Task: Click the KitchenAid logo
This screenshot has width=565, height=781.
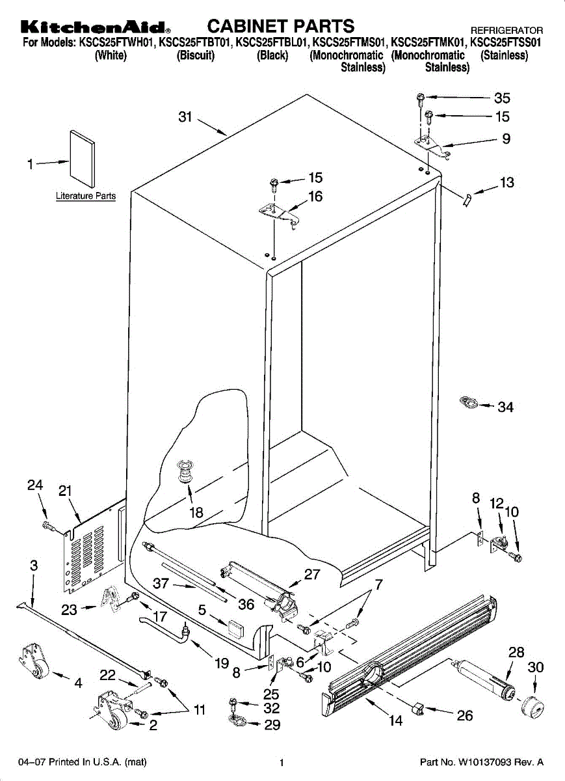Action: pos(95,27)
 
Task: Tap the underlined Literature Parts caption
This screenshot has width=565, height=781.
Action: pos(86,196)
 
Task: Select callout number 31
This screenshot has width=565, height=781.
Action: pos(186,117)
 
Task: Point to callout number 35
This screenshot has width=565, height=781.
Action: pos(502,98)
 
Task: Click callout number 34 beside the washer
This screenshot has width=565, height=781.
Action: pos(505,407)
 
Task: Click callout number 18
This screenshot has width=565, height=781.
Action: pos(196,512)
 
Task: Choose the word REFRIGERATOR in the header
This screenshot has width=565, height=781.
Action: pos(506,31)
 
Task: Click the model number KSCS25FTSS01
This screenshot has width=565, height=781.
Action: pos(505,43)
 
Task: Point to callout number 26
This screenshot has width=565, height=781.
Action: pos(464,716)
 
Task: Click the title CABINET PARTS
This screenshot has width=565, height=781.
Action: pos(281,25)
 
